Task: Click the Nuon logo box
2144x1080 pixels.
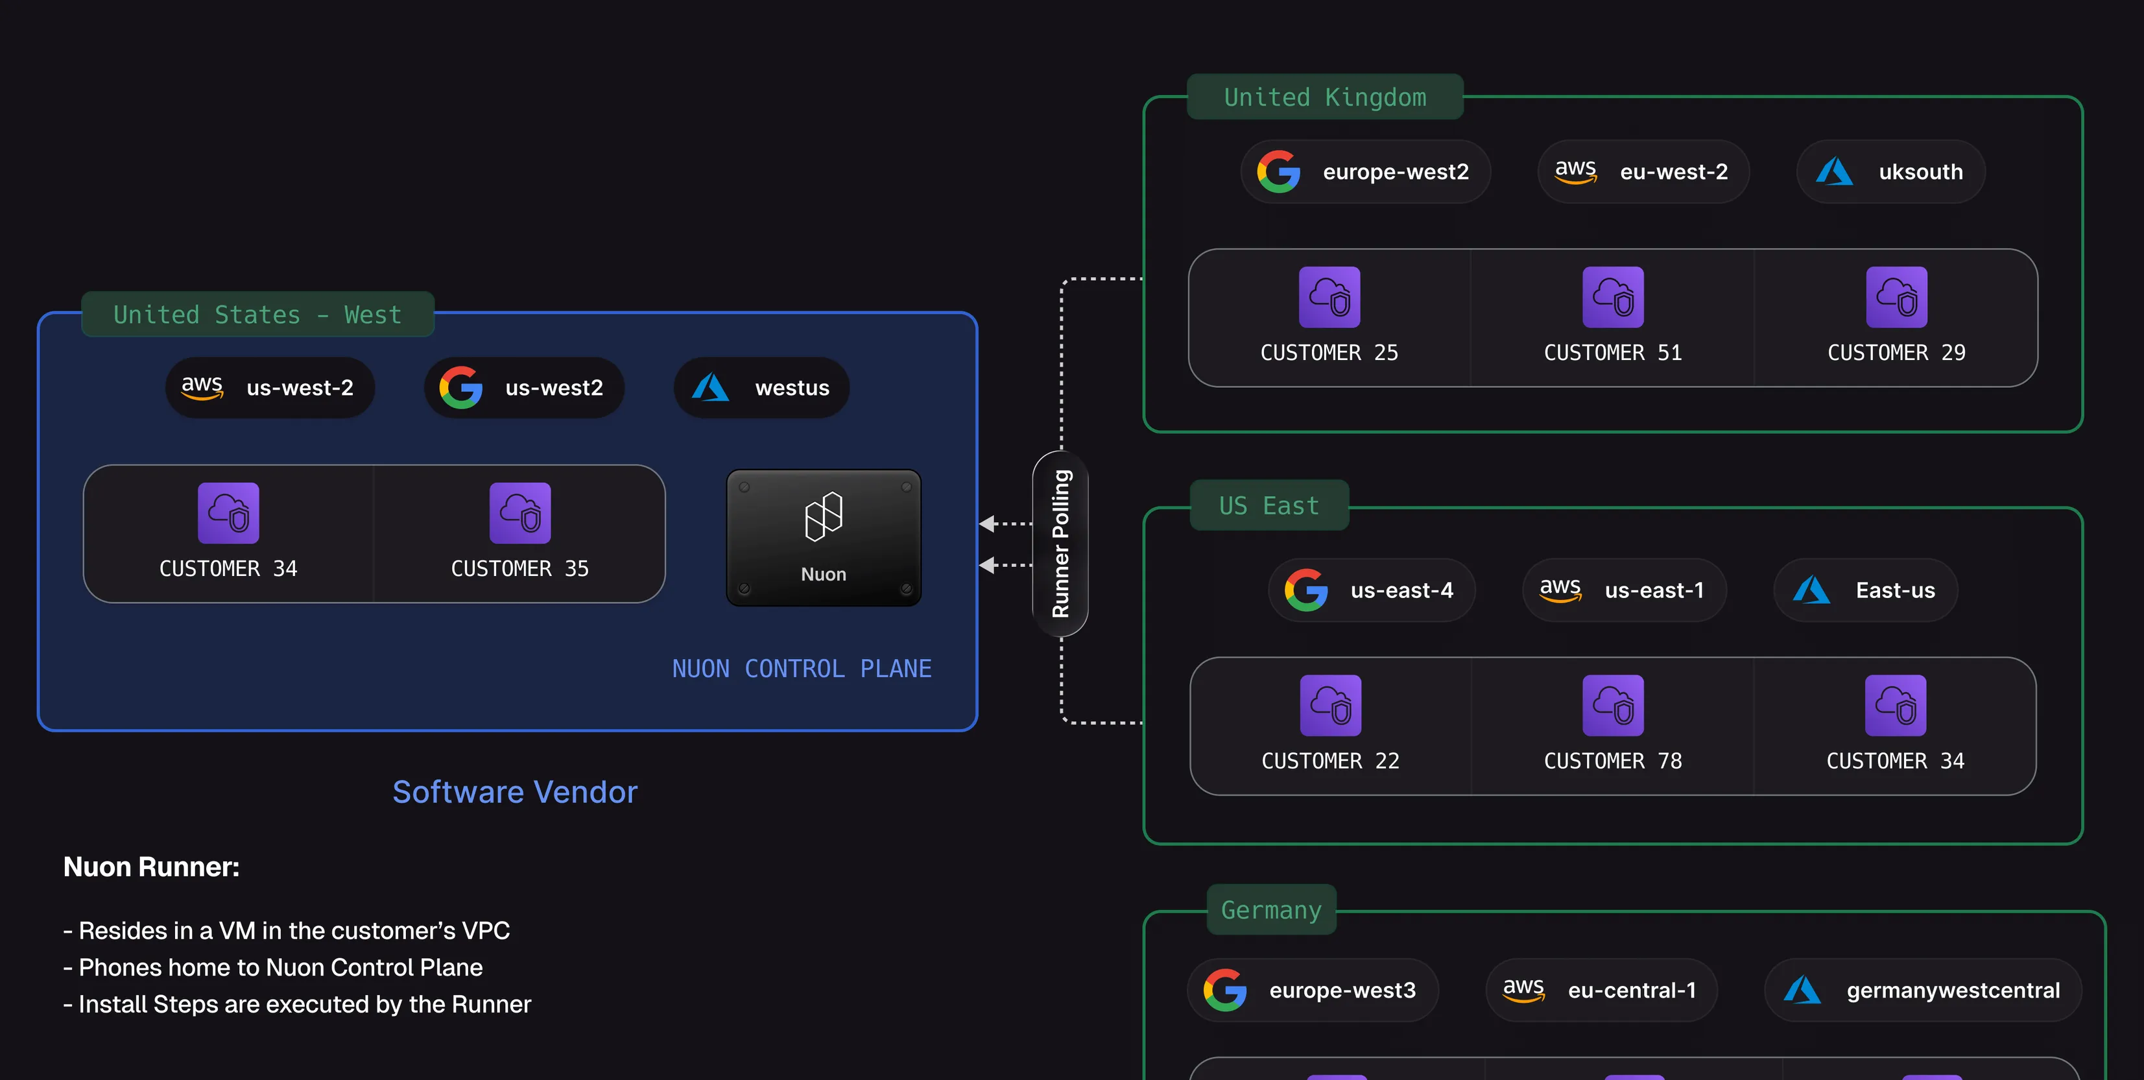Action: point(823,537)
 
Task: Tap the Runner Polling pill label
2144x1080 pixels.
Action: point(1060,544)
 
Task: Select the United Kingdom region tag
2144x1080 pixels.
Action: point(1325,97)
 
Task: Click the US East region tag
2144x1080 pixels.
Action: point(1269,505)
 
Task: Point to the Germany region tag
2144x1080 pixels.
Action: point(1271,909)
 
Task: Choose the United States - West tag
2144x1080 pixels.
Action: point(258,314)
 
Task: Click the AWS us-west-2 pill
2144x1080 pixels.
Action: point(270,387)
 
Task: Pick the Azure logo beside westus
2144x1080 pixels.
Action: point(710,387)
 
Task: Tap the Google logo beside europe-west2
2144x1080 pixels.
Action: point(1278,171)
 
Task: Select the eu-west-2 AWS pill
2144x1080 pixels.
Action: point(1643,171)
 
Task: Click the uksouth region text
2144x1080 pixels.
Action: point(1921,171)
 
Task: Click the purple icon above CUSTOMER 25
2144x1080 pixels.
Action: point(1329,297)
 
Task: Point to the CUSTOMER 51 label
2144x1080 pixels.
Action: point(1613,353)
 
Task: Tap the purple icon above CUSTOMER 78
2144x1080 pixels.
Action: point(1613,705)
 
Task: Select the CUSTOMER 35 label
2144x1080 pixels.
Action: point(520,569)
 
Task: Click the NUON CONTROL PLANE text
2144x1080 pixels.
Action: point(802,669)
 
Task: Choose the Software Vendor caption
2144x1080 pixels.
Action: point(515,792)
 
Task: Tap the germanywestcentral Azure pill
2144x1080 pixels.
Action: point(1923,990)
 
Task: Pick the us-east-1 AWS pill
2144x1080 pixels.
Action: point(1624,590)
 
